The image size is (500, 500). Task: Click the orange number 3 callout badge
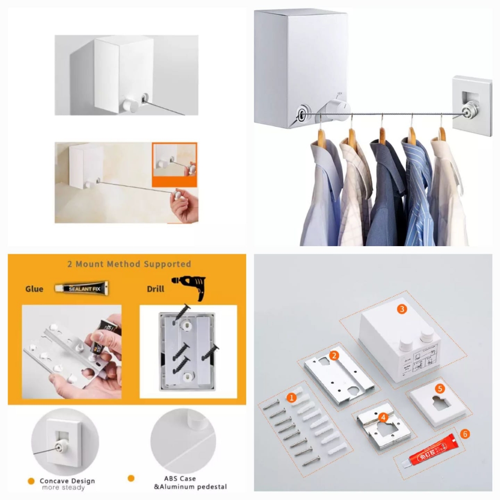(x=401, y=309)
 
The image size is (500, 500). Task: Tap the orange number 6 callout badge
(x=465, y=434)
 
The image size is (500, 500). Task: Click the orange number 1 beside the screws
(x=292, y=397)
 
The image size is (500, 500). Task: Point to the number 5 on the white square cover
(x=440, y=388)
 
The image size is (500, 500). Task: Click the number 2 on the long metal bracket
(x=334, y=355)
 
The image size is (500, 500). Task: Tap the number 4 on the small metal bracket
(x=383, y=417)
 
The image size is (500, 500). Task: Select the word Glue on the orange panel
(x=34, y=289)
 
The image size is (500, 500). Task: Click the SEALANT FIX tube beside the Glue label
(x=82, y=288)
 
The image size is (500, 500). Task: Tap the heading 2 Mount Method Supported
(x=129, y=264)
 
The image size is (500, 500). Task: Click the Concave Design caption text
(x=67, y=481)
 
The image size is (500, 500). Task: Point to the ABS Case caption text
(x=179, y=479)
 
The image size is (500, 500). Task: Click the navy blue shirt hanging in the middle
(x=382, y=188)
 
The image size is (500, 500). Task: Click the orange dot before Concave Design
(x=31, y=481)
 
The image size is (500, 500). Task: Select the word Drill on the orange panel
(x=155, y=289)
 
